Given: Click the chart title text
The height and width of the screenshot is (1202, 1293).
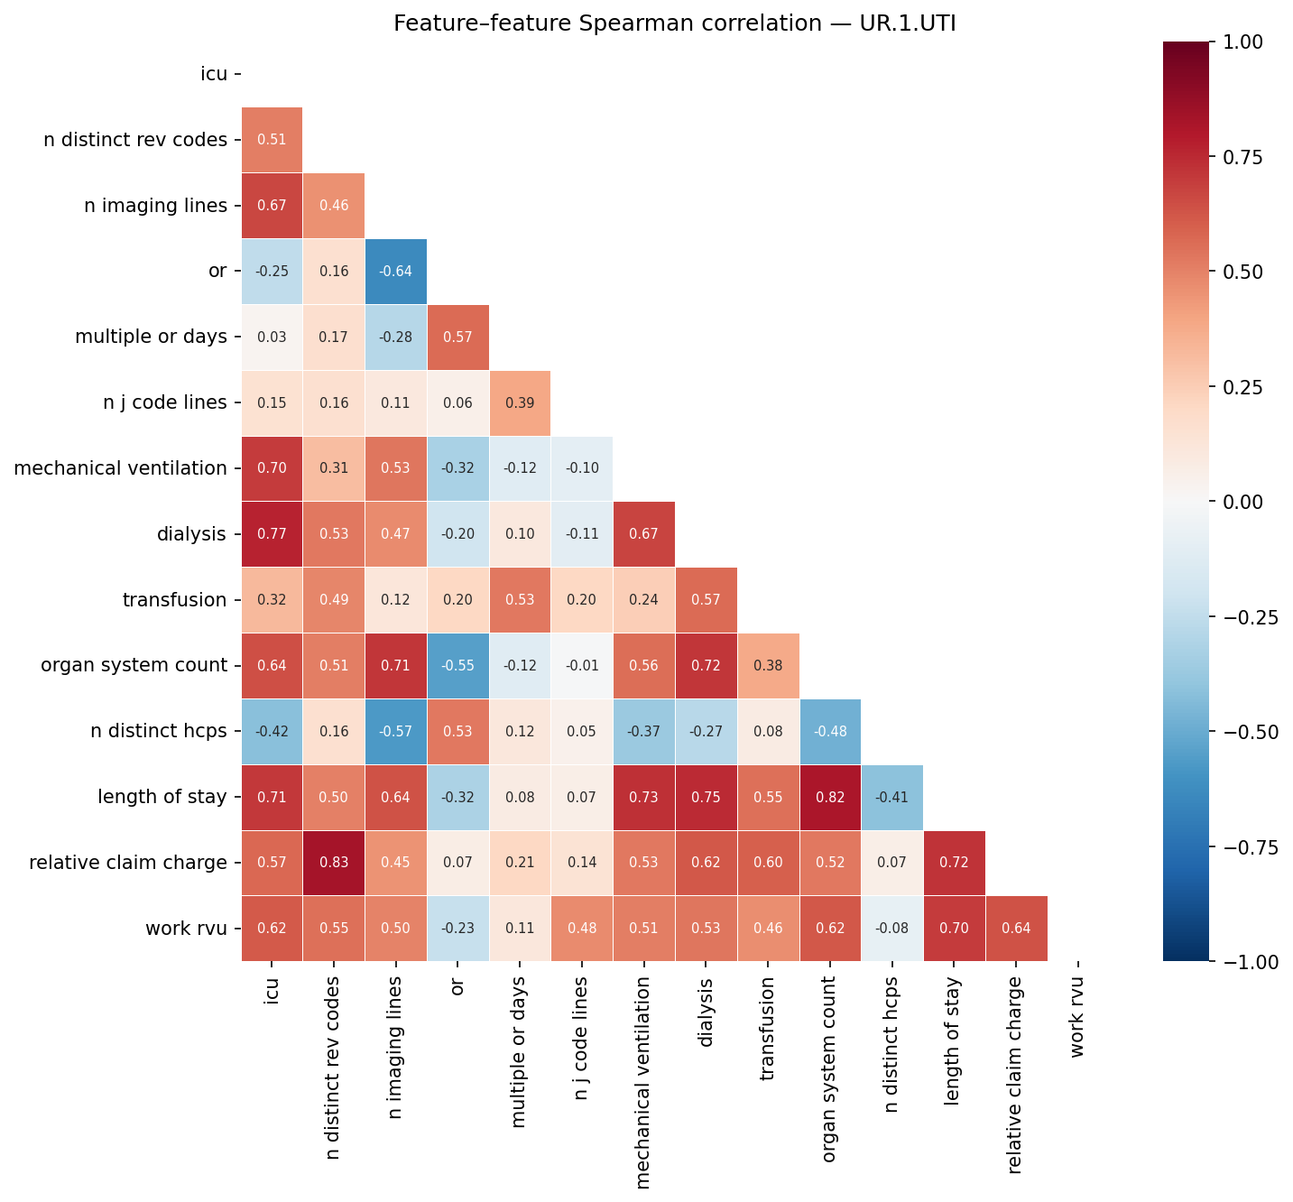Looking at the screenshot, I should [x=674, y=23].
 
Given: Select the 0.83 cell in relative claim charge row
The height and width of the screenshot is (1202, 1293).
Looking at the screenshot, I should [x=334, y=863].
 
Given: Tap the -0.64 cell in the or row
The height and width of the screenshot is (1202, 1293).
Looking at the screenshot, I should [x=396, y=272].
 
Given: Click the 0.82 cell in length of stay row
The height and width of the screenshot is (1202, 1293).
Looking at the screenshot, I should [x=830, y=797].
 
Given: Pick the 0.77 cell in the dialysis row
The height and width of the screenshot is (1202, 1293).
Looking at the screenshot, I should [x=272, y=534].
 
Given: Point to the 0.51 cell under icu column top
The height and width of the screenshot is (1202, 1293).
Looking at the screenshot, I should [x=272, y=140].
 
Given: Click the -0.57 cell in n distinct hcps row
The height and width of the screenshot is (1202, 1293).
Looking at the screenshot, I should [x=396, y=731].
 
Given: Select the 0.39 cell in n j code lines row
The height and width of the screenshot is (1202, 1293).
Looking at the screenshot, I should [x=520, y=402].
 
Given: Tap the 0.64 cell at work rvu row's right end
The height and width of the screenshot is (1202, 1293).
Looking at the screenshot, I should [x=1016, y=929].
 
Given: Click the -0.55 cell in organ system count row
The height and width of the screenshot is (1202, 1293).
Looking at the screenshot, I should [x=457, y=666].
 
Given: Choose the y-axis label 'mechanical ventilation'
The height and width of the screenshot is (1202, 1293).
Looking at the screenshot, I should [x=120, y=468].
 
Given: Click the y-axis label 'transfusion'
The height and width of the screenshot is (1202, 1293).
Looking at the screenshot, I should [x=174, y=600].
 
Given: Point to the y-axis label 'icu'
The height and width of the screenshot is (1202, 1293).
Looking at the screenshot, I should [x=213, y=74].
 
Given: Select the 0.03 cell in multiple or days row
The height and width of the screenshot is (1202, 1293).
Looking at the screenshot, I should [x=272, y=337].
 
